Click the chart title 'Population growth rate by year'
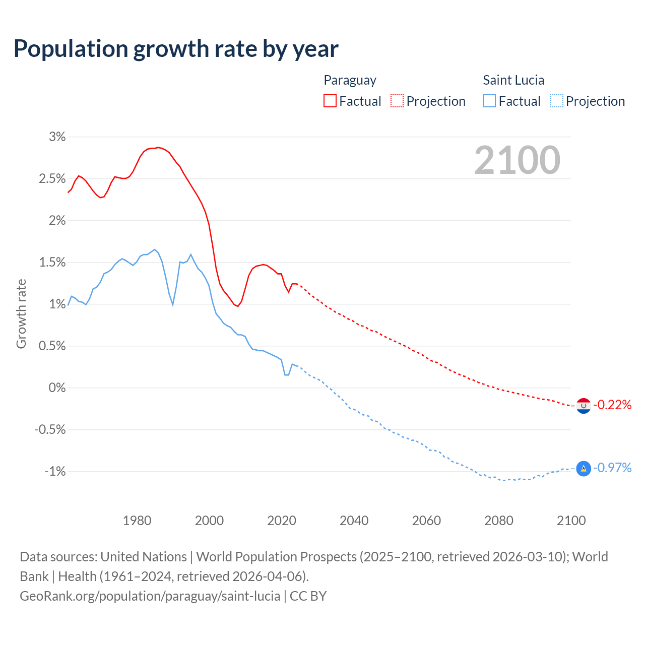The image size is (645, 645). click(x=176, y=49)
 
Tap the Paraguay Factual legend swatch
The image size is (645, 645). click(x=330, y=101)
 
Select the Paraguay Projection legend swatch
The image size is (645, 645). click(x=397, y=101)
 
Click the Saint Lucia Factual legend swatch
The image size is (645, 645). click(x=489, y=101)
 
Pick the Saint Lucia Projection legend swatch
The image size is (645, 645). click(x=556, y=101)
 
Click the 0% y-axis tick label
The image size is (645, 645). click(x=57, y=388)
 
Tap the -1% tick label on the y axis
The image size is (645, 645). click(x=55, y=471)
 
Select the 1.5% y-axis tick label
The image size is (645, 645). click(x=52, y=262)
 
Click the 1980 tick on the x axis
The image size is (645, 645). click(x=137, y=521)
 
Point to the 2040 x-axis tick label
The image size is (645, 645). click(x=354, y=521)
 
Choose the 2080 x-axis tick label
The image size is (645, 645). click(x=499, y=521)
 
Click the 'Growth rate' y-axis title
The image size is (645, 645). click(x=21, y=313)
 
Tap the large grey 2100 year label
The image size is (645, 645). click(x=517, y=160)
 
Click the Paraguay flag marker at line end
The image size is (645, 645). click(x=584, y=405)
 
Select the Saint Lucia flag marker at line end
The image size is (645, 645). click(x=584, y=469)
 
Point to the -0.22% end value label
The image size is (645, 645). click(x=612, y=405)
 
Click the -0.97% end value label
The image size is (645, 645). click(x=612, y=468)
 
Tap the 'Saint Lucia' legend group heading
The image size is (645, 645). click(x=513, y=80)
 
